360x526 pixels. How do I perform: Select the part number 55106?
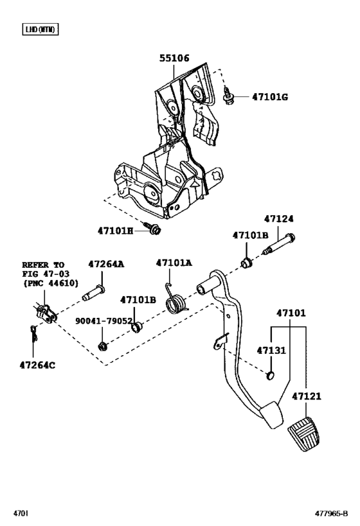pyautogui.click(x=174, y=58)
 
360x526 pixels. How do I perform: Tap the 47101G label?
pyautogui.click(x=269, y=97)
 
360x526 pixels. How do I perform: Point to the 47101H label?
pyautogui.click(x=115, y=230)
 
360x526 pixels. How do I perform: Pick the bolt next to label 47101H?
pyautogui.click(x=153, y=228)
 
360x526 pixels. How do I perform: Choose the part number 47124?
pyautogui.click(x=280, y=219)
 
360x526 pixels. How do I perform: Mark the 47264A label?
pyautogui.click(x=107, y=264)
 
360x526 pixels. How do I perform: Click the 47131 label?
pyautogui.click(x=270, y=351)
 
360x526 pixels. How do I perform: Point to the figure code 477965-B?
pyautogui.click(x=334, y=514)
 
